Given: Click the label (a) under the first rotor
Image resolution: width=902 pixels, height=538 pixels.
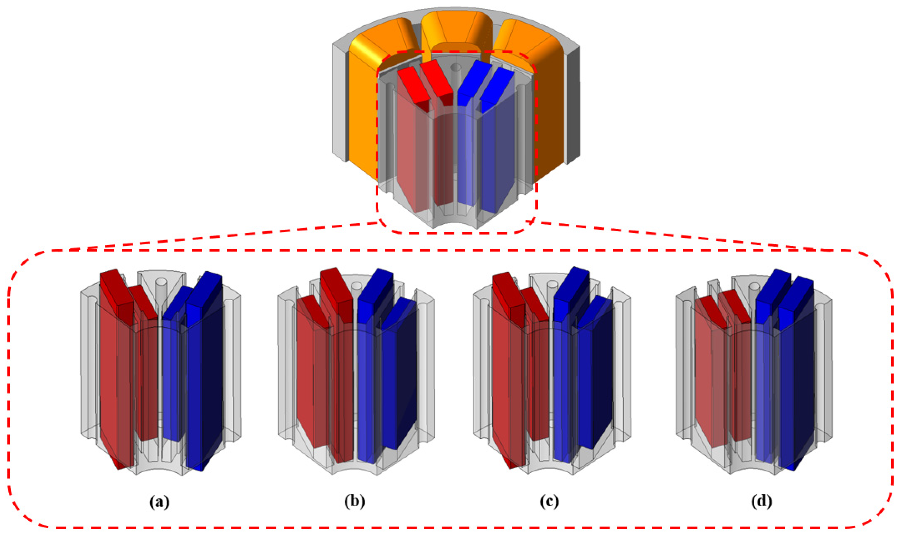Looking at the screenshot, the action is tap(159, 502).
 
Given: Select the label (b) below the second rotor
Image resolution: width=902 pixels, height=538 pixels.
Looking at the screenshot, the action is tap(355, 502).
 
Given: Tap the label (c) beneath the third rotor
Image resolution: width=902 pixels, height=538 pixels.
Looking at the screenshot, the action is tap(549, 502).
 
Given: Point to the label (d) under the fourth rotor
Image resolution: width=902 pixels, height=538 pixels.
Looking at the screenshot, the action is tap(762, 502).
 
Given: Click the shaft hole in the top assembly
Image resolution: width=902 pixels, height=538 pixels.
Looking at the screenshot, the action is tap(456, 67).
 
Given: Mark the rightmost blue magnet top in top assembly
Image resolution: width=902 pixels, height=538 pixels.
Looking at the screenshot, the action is tap(498, 87).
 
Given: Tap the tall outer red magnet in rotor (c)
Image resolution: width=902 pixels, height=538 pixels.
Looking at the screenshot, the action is tap(509, 370).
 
